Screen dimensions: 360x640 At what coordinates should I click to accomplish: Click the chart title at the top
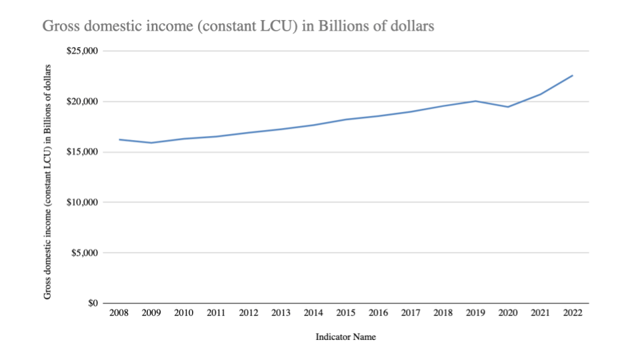238,27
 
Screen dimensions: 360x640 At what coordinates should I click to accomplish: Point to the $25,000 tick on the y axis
83,51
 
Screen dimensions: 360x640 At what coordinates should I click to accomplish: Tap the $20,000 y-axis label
83,101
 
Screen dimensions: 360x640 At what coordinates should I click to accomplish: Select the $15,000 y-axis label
83,152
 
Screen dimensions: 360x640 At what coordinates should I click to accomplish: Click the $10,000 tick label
83,203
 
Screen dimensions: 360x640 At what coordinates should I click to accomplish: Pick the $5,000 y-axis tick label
85,253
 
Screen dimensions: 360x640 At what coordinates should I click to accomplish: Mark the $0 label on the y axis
92,303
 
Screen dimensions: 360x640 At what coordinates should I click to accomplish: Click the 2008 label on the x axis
119,313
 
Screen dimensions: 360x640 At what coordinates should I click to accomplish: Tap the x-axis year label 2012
249,313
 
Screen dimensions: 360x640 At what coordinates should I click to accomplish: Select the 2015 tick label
346,313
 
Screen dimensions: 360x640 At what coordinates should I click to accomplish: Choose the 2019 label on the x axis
475,313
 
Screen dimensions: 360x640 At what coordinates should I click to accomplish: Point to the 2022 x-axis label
573,313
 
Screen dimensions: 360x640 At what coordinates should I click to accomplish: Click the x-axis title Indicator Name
345,337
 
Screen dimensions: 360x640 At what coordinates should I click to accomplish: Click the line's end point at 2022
573,75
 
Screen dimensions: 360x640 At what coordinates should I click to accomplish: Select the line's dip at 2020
508,107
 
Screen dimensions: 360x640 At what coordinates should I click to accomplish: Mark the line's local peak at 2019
475,101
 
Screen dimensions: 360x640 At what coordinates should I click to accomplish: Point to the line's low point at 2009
151,143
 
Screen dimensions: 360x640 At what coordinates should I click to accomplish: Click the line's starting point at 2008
119,139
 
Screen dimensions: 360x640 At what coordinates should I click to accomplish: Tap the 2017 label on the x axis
411,313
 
